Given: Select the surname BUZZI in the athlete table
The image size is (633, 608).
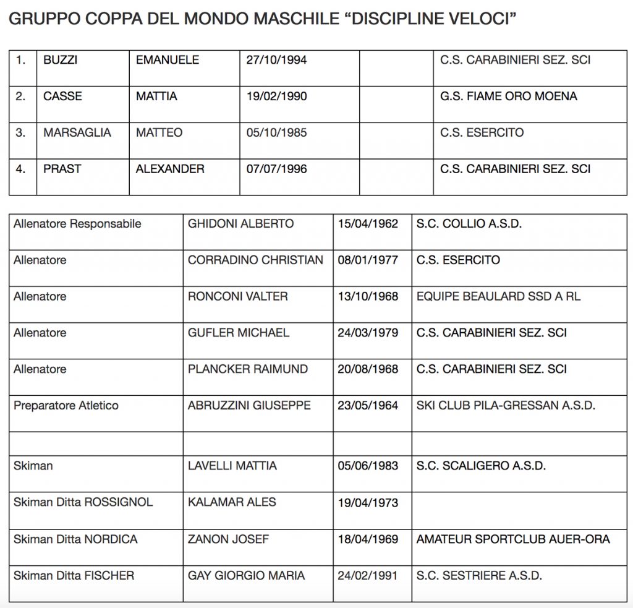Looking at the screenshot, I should (61, 60).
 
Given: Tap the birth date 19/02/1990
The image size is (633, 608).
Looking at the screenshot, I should (276, 96).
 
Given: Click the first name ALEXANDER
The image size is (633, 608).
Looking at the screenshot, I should (170, 169).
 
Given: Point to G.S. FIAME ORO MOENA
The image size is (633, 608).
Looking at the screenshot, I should (509, 96).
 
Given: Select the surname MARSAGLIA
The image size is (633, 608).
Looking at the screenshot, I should (77, 132).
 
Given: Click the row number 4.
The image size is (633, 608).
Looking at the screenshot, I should (21, 169).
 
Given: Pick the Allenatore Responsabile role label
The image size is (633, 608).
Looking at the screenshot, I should (77, 224).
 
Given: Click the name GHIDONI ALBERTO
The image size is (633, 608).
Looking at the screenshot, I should (240, 224).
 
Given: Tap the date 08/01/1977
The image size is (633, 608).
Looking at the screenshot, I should (368, 260).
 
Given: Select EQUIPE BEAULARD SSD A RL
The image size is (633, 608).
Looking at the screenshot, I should (498, 296).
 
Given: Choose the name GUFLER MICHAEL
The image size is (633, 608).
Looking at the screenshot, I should (239, 333).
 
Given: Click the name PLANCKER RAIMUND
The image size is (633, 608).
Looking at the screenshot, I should (248, 369).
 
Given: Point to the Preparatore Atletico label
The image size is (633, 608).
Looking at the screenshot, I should (66, 406).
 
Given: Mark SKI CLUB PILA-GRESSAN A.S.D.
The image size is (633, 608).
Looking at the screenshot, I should (506, 406).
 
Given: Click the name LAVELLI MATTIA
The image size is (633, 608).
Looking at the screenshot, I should (232, 466).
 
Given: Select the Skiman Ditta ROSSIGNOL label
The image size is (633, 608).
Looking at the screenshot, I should (83, 502).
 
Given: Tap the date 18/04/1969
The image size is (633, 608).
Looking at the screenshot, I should (368, 539).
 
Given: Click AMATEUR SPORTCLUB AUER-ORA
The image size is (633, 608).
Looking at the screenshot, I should (513, 539).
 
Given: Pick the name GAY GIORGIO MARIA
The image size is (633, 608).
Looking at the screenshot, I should (246, 576).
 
